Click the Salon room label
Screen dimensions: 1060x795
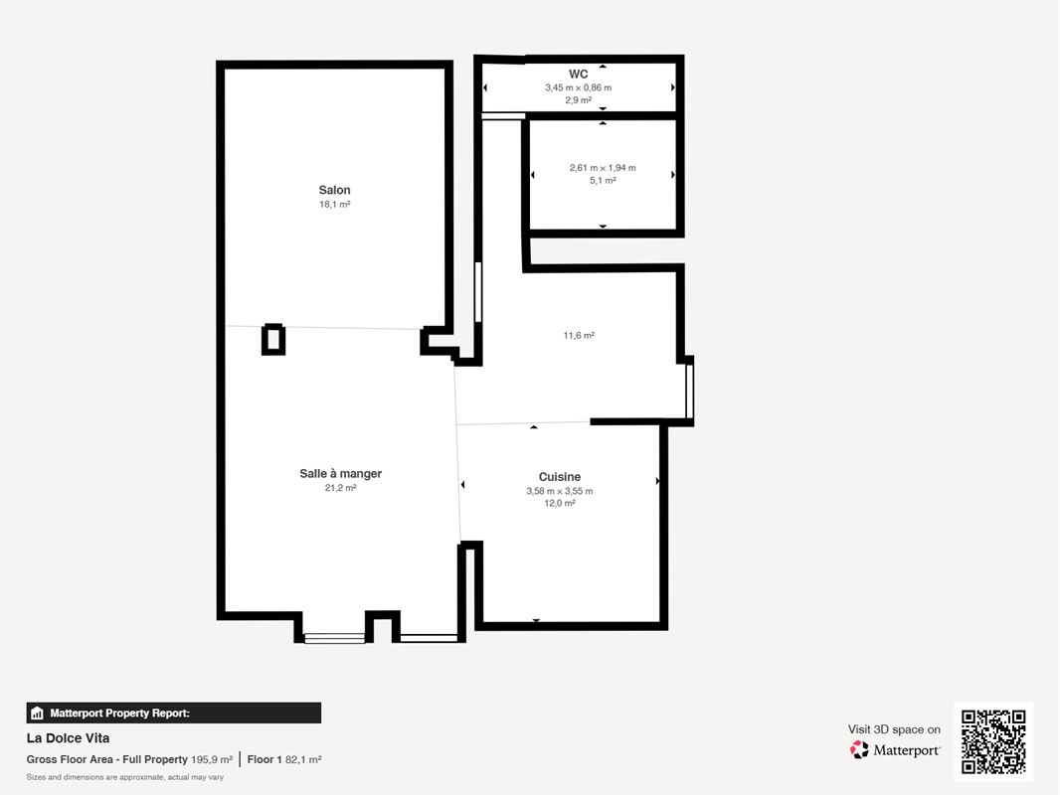tap(335, 191)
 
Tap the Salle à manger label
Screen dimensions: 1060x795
tap(341, 473)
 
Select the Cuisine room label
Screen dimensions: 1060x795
tap(560, 477)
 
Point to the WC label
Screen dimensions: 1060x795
tap(578, 75)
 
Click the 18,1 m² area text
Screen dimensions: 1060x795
tap(335, 204)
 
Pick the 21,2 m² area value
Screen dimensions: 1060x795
tap(341, 488)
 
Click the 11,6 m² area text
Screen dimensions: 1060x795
tap(579, 335)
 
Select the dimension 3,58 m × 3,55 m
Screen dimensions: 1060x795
tap(560, 491)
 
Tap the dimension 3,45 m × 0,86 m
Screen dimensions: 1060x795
tap(578, 87)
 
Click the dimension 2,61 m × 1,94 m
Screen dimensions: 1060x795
tap(603, 168)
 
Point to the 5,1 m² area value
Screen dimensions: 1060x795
tap(603, 180)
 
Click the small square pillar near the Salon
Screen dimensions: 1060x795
tap(273, 340)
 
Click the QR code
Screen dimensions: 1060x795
tap(993, 741)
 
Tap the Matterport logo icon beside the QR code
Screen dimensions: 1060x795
tap(859, 749)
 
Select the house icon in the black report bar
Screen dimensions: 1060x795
tap(37, 714)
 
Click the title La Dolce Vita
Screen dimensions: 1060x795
tap(68, 738)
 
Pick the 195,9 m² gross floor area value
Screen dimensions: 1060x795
tap(212, 759)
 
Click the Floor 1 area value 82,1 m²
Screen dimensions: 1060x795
tap(303, 759)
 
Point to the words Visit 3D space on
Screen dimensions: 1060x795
tap(894, 729)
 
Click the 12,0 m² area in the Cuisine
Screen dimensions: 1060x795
tap(560, 503)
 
